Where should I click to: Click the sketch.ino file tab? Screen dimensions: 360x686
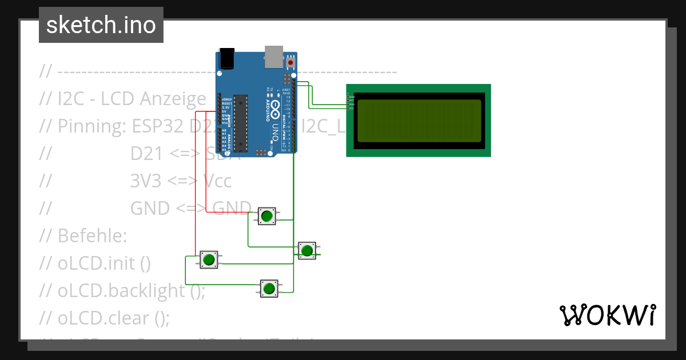(101, 25)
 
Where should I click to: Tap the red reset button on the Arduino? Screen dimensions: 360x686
(290, 62)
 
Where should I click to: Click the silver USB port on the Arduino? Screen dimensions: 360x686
(274, 55)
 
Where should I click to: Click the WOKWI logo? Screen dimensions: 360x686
(607, 315)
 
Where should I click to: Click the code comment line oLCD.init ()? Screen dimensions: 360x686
(103, 263)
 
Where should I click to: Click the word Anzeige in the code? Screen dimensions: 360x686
(171, 99)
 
